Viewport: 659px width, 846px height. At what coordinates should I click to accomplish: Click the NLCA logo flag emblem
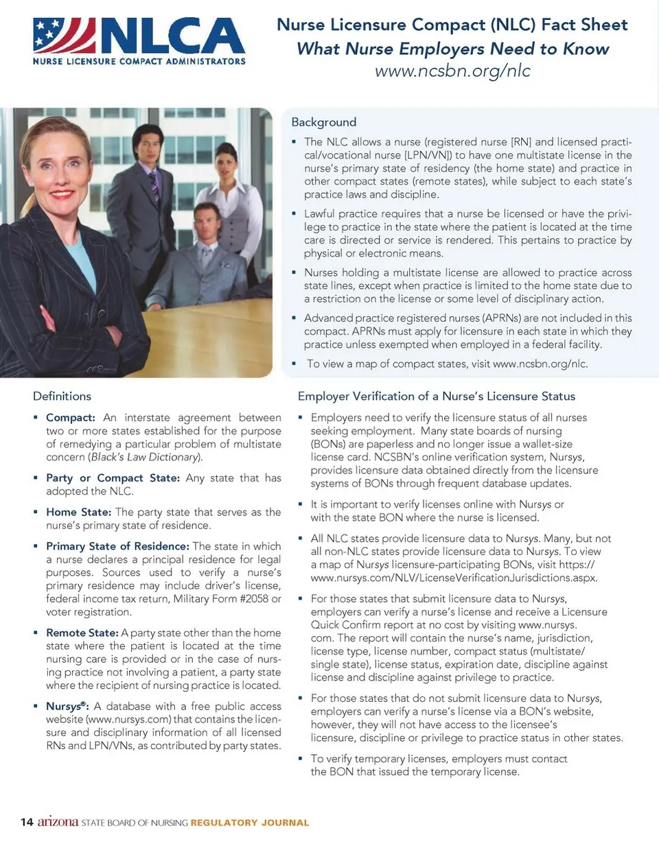(x=64, y=35)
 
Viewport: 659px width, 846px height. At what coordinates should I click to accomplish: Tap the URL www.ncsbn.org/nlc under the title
(x=452, y=71)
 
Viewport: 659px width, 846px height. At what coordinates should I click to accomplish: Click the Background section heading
(x=323, y=122)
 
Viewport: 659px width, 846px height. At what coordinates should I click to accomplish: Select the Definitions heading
(x=62, y=396)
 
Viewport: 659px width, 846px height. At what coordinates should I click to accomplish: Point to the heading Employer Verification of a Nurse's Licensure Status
(x=436, y=396)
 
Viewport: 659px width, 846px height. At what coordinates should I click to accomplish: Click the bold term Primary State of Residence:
(x=117, y=546)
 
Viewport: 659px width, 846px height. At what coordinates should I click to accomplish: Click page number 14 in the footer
(x=27, y=822)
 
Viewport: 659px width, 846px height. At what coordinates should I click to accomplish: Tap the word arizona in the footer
(x=58, y=821)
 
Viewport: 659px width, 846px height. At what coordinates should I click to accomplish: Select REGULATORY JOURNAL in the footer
(x=250, y=823)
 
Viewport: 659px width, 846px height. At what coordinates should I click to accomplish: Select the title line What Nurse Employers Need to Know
(x=452, y=49)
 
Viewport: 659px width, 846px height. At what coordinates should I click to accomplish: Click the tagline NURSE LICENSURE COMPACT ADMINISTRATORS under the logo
(x=139, y=61)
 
